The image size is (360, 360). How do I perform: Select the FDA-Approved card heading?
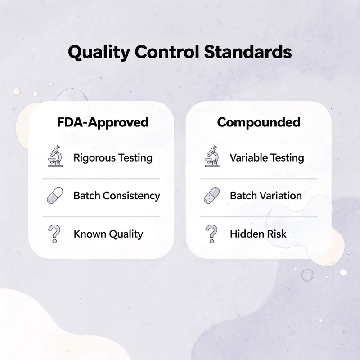[103, 122]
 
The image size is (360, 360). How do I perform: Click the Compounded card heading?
[258, 122]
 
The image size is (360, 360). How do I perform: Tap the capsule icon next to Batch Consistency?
[55, 196]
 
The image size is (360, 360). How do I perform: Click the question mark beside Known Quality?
[54, 234]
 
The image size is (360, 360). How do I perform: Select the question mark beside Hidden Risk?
[210, 234]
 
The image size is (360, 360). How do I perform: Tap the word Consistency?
[131, 196]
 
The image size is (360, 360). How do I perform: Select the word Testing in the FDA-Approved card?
[135, 158]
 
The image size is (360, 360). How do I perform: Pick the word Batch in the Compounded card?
[243, 196]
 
